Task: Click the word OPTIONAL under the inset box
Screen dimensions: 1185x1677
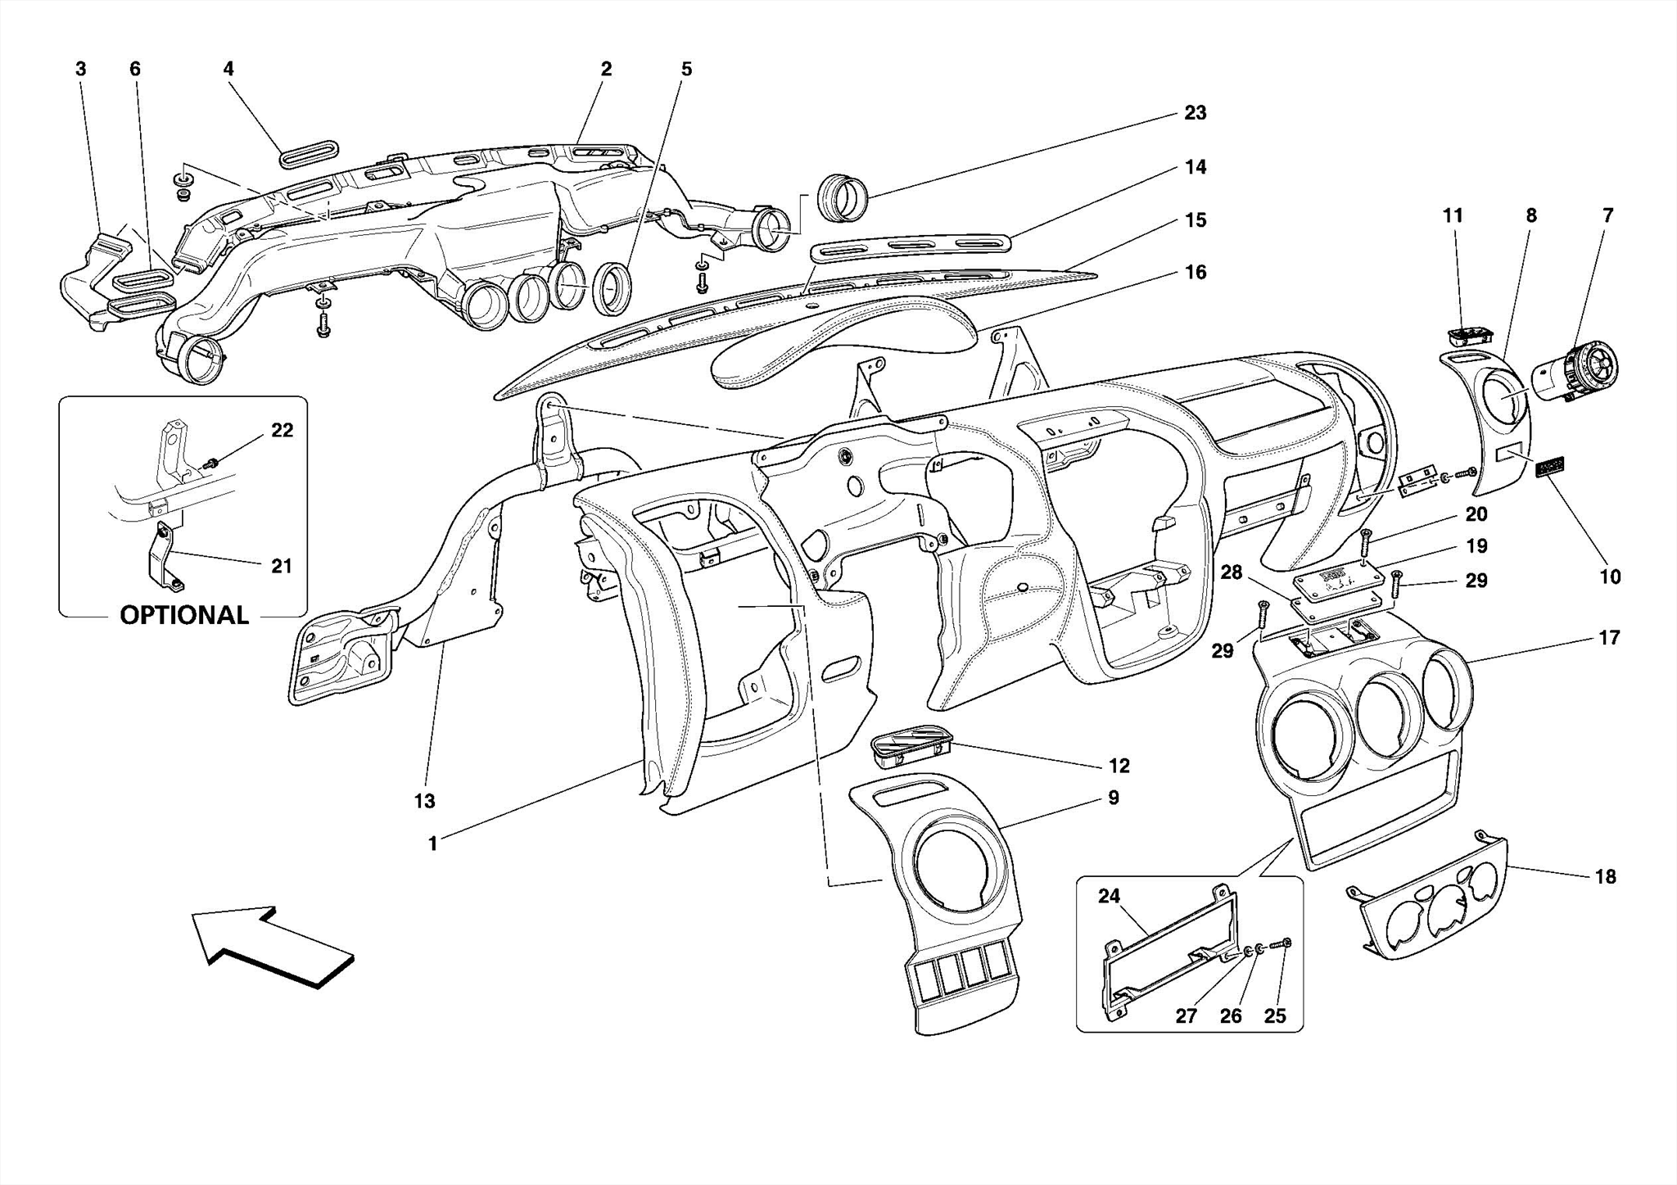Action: pos(184,615)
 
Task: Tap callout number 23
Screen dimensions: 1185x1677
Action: pos(1195,113)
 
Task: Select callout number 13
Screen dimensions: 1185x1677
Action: pos(424,801)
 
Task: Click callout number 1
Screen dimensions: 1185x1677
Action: pos(432,843)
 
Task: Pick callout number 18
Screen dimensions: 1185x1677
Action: pos(1605,876)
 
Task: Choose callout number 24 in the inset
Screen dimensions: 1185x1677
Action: pos(1109,896)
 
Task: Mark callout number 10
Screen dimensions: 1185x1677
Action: pos(1610,577)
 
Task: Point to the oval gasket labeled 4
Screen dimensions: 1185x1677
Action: pos(308,153)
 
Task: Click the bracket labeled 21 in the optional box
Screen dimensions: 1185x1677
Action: pos(164,557)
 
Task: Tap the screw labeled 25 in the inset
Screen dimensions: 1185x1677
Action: pos(1285,943)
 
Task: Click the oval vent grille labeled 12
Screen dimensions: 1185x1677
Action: pos(911,744)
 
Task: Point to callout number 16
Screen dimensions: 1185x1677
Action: pos(1196,272)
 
